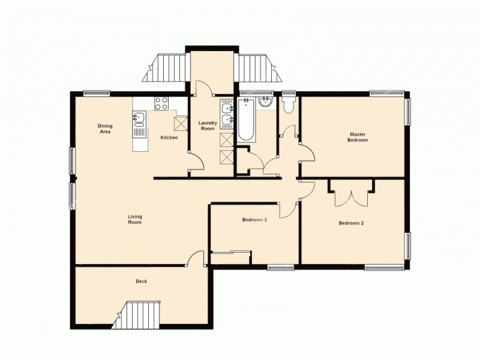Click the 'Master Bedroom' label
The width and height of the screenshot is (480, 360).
coord(358,137)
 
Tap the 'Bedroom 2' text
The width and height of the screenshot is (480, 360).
coord(351,223)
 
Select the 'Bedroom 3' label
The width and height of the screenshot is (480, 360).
coord(254,220)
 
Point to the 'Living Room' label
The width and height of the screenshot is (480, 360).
coord(134,219)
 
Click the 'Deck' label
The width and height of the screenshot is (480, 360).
coord(142,281)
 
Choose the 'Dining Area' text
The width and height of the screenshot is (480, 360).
coord(105,128)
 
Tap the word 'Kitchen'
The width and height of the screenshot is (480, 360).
coord(169,137)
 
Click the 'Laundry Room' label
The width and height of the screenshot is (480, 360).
coord(208,125)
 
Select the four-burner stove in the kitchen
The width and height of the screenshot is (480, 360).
coord(161,103)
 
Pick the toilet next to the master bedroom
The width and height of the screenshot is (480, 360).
coord(289,106)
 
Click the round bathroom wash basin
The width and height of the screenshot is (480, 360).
coord(265,103)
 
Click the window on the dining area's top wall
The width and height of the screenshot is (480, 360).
coord(96,92)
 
